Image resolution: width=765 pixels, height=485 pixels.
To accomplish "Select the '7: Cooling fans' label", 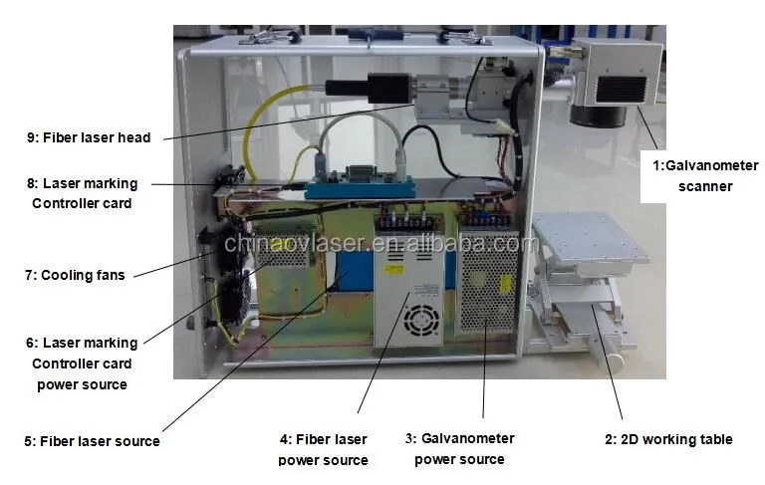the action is pyautogui.click(x=83, y=275).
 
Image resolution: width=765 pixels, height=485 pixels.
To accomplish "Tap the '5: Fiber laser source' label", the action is pyautogui.click(x=92, y=440).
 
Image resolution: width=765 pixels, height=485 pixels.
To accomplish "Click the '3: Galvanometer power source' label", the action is pyautogui.click(x=459, y=448).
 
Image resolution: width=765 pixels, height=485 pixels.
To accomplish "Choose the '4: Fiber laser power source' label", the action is pyautogui.click(x=323, y=449).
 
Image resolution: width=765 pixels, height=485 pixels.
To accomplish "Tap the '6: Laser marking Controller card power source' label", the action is pyautogui.click(x=82, y=363).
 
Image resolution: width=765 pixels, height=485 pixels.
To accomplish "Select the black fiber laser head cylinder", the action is pyautogui.click(x=375, y=87).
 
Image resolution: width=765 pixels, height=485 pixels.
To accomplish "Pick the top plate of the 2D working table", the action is pyautogui.click(x=592, y=236).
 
